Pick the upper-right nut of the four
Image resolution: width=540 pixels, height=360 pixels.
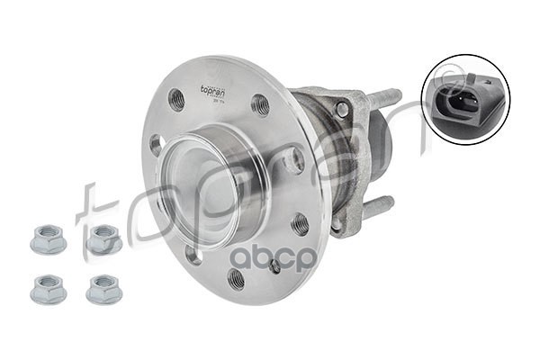coord(103,239)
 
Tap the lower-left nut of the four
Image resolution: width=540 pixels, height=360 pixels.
coord(48,288)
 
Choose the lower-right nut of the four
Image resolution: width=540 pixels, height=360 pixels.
coord(103,288)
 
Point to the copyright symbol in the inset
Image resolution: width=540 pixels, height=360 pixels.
coord(496,90)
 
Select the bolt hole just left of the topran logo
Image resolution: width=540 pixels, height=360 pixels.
coord(176,99)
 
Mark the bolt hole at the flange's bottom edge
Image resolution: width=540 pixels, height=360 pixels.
coord(235,278)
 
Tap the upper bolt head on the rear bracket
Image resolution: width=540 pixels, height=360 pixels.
coord(342,110)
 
